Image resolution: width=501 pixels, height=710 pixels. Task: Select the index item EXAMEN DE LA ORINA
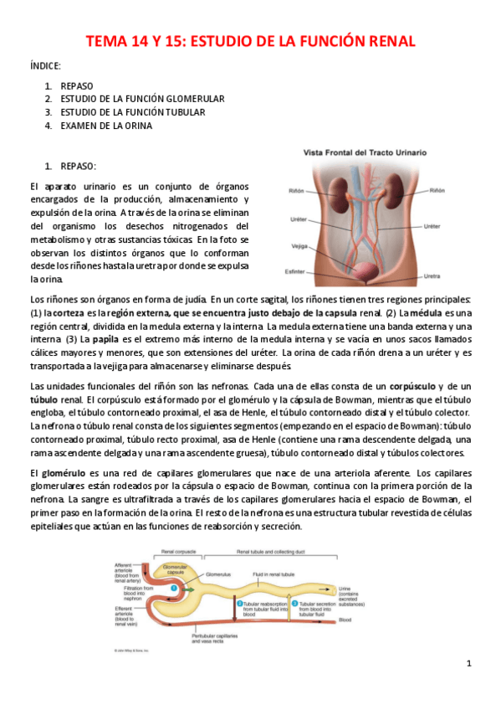coord(106,126)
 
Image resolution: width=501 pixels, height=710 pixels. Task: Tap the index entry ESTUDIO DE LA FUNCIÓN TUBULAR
coord(132,112)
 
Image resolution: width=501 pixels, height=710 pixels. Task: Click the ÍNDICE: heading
coord(45,65)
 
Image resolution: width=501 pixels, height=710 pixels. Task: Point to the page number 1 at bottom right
coord(469,663)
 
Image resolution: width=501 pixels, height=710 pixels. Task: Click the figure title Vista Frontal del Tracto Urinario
coord(364,153)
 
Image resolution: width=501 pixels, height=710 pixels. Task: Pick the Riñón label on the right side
coord(437,192)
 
